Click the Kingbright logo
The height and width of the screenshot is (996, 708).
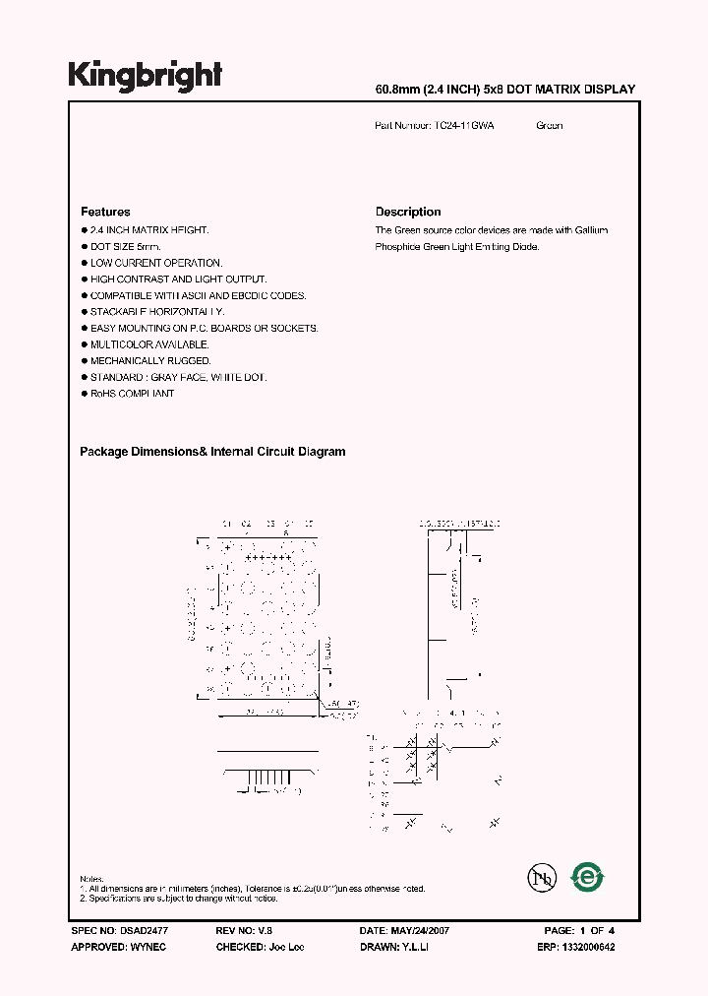(145, 76)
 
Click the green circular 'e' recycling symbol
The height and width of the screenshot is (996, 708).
(588, 877)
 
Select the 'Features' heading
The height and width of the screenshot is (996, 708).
(105, 212)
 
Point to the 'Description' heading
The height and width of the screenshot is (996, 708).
(408, 212)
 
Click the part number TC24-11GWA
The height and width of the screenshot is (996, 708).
(464, 126)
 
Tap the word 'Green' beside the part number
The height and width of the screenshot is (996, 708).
(550, 126)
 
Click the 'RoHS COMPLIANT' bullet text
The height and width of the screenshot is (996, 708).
(132, 394)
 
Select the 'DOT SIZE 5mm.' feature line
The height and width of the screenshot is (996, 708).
(125, 246)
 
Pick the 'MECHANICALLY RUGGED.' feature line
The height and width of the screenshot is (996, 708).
(150, 361)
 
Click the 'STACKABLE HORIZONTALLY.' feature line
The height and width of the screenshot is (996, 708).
(157, 312)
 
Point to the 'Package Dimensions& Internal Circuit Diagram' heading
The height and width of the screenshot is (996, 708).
(212, 452)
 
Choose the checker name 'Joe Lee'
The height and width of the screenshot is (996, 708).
(285, 947)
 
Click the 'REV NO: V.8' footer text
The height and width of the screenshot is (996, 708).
(245, 930)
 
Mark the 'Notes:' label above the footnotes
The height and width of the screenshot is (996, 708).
(91, 879)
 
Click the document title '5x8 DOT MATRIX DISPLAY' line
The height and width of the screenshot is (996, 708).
(505, 90)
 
